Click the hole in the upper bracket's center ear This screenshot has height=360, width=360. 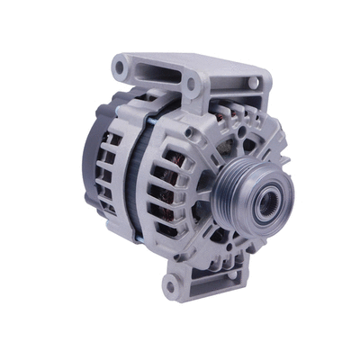pos(191,85)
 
